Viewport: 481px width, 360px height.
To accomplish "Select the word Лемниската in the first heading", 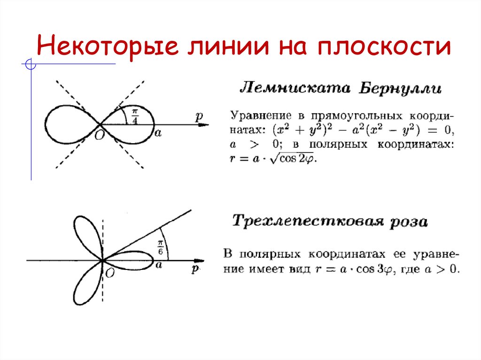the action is (x=295, y=88).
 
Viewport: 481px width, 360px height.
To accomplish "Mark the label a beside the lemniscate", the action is (x=158, y=133).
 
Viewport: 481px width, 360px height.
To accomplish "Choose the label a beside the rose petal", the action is (x=158, y=265).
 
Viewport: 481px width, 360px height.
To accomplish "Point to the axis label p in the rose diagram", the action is (x=195, y=268).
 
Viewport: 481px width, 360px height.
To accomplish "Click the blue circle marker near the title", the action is (x=31, y=64).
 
